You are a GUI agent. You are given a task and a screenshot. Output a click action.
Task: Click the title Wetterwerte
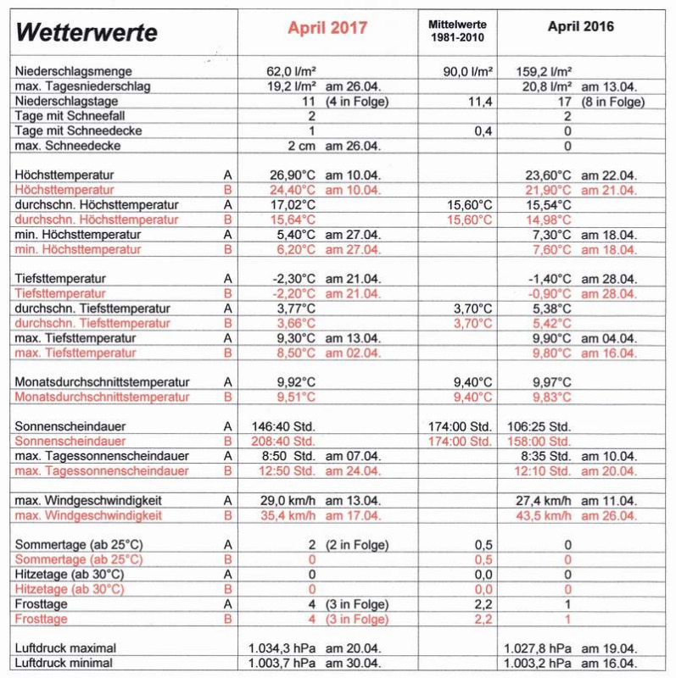pyautogui.click(x=86, y=32)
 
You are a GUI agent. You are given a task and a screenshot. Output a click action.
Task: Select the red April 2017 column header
pyautogui.click(x=327, y=27)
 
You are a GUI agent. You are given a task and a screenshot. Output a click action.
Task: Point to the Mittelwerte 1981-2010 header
pyautogui.click(x=457, y=32)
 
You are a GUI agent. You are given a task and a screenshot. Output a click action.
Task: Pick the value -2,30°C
pyautogui.click(x=292, y=278)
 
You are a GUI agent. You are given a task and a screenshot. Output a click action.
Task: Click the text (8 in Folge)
pyautogui.click(x=614, y=102)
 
